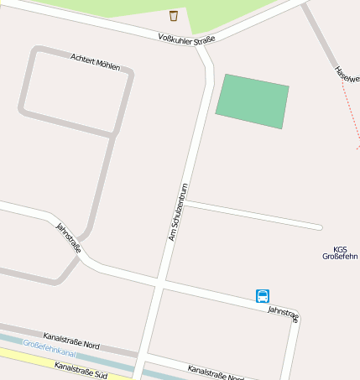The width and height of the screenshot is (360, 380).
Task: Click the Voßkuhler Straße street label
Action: pos(187,39)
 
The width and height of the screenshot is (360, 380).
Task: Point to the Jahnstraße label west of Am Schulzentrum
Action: pos(68,237)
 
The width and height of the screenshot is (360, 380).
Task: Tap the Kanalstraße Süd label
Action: pos(81,368)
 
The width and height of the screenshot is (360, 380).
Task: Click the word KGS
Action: pos(340,249)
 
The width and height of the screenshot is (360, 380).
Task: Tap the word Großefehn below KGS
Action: pos(340,257)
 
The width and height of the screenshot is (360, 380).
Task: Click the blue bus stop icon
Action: pos(263,295)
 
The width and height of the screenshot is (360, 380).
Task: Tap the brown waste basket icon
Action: pos(174,15)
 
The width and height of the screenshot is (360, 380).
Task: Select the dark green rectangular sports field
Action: pos(252,102)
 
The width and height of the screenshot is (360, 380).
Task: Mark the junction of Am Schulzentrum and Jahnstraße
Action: pos(159,284)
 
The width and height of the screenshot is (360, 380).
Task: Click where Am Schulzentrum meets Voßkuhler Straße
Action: pos(200,45)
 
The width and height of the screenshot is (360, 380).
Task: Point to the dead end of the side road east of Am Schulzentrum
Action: pos(319,226)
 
